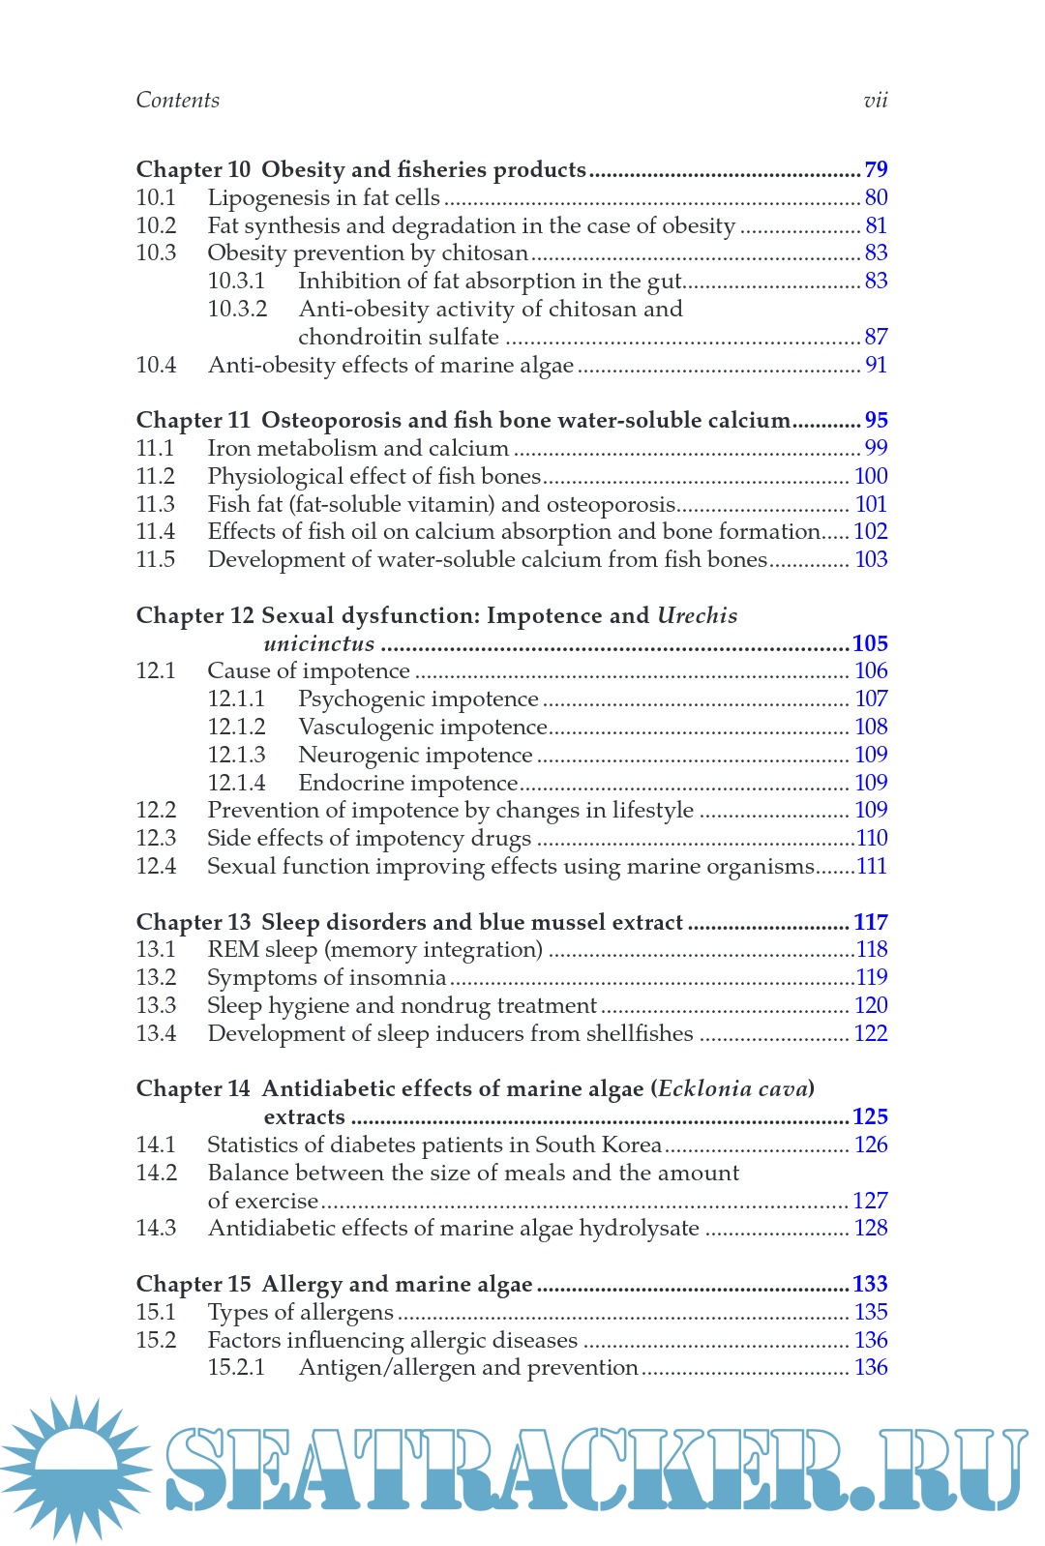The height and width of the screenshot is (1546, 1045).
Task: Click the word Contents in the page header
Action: pyautogui.click(x=177, y=100)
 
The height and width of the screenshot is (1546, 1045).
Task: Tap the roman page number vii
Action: pyautogui.click(x=875, y=100)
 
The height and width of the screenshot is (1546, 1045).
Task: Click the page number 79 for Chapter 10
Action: pyautogui.click(x=876, y=169)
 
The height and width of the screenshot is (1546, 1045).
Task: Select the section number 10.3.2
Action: pyautogui.click(x=237, y=309)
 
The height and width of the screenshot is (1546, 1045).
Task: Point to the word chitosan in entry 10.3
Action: pyautogui.click(x=485, y=253)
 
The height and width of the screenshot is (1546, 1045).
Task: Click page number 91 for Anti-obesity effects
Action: pyautogui.click(x=876, y=365)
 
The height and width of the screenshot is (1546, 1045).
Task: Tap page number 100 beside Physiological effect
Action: pyautogui.click(x=871, y=476)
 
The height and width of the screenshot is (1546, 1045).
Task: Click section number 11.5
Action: pyautogui.click(x=156, y=560)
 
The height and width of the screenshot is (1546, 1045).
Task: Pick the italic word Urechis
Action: pyautogui.click(x=697, y=616)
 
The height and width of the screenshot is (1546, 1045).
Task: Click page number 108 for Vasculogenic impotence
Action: pyautogui.click(x=871, y=727)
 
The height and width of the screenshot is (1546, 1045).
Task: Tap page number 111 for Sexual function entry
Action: pyautogui.click(x=872, y=867)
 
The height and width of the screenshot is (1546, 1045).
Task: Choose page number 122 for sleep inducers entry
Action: pyautogui.click(x=871, y=1033)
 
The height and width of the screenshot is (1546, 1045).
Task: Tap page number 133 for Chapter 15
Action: pyautogui.click(x=870, y=1284)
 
